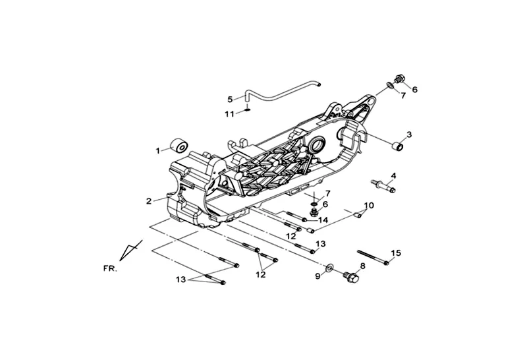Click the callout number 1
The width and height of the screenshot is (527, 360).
[x=158, y=151]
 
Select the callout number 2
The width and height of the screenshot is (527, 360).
[x=149, y=200]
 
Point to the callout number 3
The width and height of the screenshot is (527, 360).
[x=408, y=135]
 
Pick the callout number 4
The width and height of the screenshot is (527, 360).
[x=393, y=175]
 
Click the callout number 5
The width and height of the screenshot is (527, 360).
[x=231, y=100]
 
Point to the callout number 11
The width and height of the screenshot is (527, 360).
[x=229, y=114]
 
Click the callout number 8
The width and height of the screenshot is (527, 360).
[x=362, y=266]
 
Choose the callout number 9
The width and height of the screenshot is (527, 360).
[x=318, y=276]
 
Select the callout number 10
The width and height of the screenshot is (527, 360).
[x=368, y=206]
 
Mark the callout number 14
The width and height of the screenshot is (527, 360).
[x=323, y=220]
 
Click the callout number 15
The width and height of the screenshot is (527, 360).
[x=396, y=253]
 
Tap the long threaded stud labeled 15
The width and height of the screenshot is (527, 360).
[x=373, y=256]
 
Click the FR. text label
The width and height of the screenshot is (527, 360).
[x=109, y=269]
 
